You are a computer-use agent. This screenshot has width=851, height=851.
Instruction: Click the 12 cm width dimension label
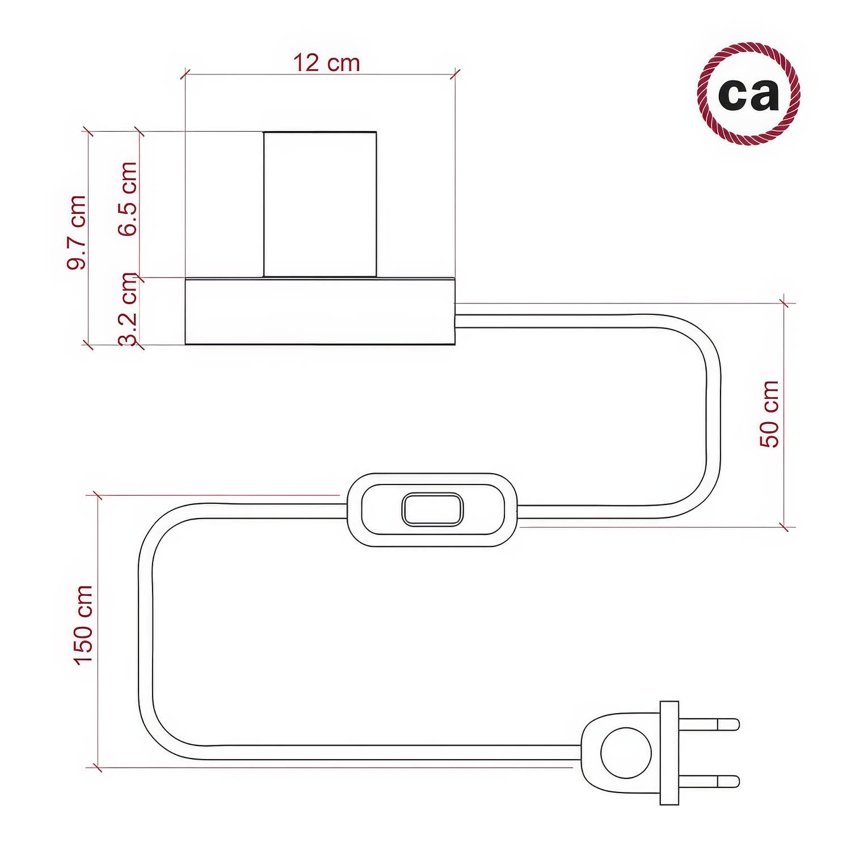coord(326,63)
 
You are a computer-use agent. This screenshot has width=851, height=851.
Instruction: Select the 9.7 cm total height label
coord(77,233)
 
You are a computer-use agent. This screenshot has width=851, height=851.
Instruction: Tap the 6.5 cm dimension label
coord(128,199)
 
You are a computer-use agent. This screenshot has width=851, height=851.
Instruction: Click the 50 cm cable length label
coord(770,414)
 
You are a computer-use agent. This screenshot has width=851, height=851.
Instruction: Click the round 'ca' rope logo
coord(748,94)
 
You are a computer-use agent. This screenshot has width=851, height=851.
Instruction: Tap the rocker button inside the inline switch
coord(432,509)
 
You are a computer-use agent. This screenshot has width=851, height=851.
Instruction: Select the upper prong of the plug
coord(709,724)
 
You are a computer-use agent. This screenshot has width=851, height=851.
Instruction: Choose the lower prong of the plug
coord(709,781)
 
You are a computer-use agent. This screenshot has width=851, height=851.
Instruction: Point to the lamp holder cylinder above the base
coord(320,204)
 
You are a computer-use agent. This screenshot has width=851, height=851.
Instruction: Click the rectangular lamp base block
coord(320,311)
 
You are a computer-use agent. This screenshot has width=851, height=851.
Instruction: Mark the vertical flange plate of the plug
coord(669,753)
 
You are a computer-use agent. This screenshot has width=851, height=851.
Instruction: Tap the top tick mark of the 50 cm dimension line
coord(784,303)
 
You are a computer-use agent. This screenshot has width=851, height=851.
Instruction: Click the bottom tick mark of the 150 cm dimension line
coord(98,768)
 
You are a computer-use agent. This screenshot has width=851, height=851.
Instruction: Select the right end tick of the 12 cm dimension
coord(455,74)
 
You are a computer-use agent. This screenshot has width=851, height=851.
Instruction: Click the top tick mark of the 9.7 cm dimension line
coord(88,132)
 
